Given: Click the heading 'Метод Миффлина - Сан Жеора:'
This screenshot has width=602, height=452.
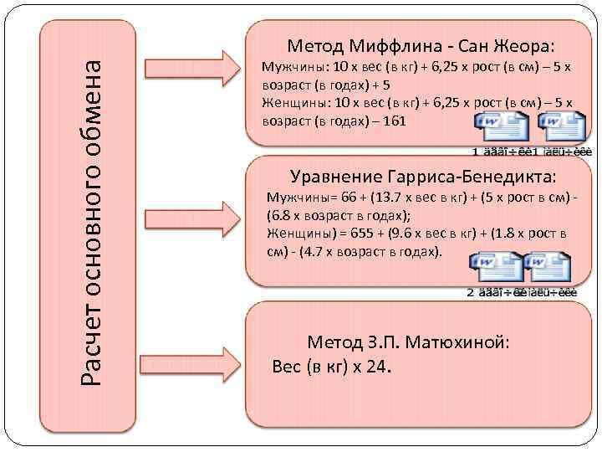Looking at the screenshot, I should [421, 44].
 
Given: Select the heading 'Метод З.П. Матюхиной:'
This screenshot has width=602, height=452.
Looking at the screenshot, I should [408, 342].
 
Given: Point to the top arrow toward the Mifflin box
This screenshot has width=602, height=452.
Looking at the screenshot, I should [193, 70].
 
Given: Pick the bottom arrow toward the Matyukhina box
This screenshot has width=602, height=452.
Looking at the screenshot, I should [193, 356].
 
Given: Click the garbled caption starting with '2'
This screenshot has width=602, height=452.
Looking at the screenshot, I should [521, 292].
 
